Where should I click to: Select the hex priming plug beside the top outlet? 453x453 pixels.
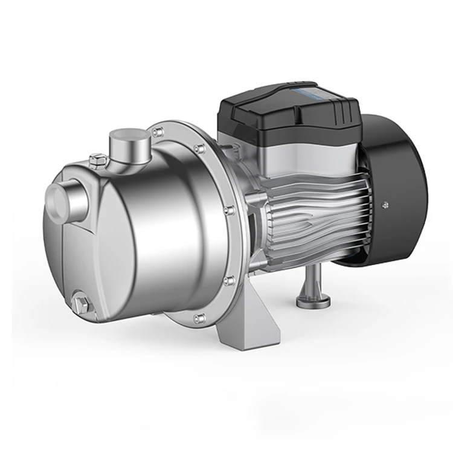point(97,161)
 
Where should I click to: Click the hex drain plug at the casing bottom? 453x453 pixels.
point(81,301)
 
